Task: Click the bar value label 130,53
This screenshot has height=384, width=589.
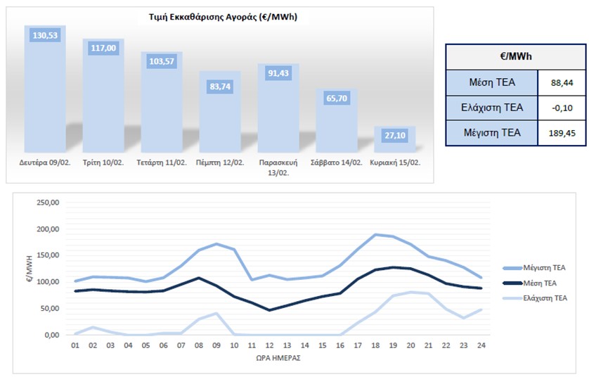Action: coord(45,35)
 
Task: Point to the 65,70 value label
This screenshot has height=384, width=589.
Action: coord(337,99)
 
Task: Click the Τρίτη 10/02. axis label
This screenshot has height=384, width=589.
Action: coord(104,162)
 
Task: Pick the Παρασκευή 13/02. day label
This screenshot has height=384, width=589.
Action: coord(278,167)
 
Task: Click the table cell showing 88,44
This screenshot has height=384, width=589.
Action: coord(561,82)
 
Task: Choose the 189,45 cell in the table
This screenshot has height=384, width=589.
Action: coord(561,133)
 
